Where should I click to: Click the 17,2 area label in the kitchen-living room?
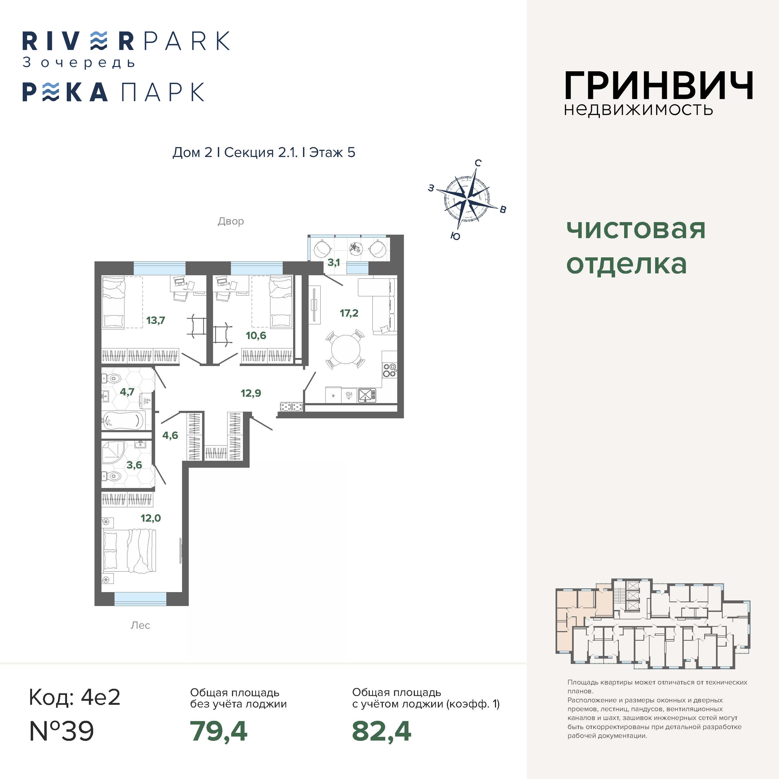(x=349, y=313)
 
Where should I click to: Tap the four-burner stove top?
(x=389, y=370)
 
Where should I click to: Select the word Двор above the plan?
(x=231, y=221)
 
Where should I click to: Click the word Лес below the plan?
(x=140, y=625)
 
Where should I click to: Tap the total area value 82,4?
(x=381, y=731)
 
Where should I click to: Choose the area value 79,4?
(x=219, y=731)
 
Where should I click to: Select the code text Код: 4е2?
(x=74, y=698)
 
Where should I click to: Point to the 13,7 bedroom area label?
(x=156, y=321)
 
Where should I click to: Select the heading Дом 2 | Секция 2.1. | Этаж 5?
(x=264, y=152)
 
